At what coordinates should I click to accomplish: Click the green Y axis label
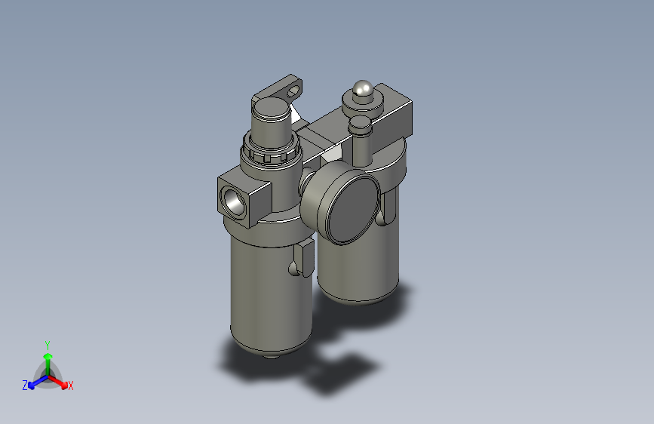(x=47, y=344)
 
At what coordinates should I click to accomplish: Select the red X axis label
(x=71, y=386)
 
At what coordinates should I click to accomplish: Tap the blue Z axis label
(x=25, y=385)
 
